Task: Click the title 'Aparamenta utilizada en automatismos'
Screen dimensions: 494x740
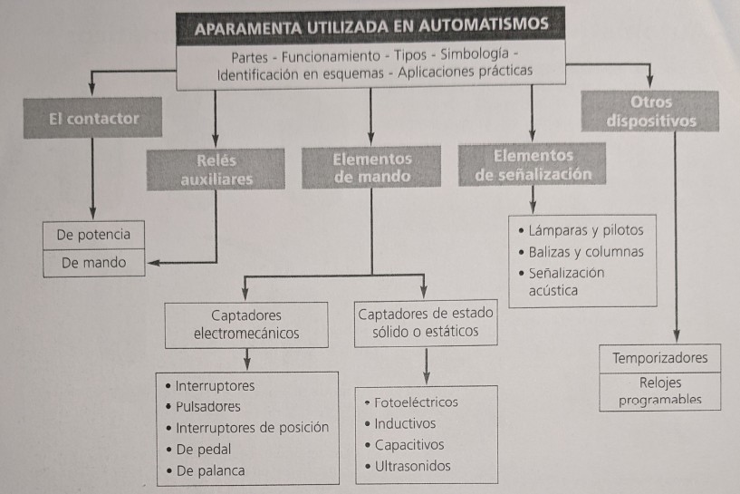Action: point(371,24)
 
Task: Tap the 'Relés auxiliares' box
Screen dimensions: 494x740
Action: point(216,170)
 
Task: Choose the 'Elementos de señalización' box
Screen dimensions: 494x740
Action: point(533,166)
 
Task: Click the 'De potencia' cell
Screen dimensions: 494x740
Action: point(93,235)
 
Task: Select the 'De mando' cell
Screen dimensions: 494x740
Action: point(93,263)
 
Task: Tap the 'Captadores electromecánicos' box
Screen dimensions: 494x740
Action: point(246,324)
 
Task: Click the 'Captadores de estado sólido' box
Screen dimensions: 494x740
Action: point(426,323)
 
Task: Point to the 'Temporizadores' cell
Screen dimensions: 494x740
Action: point(659,358)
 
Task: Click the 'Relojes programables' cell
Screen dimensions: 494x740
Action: point(659,392)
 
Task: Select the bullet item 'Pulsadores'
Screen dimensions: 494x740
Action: point(208,407)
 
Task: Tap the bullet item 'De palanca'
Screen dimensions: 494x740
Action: point(210,471)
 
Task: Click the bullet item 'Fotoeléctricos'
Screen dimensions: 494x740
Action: point(416,402)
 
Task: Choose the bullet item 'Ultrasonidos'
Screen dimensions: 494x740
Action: point(412,467)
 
